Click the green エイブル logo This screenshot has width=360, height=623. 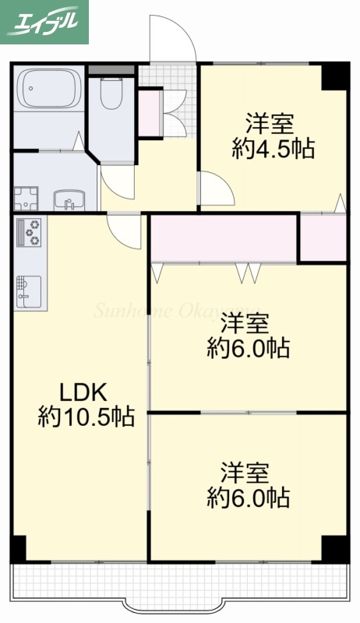point(44,22)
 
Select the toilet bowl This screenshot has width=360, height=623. point(112,97)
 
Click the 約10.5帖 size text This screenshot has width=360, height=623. point(86,417)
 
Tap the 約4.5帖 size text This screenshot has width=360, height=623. point(273,149)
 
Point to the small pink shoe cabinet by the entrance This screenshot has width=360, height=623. point(150,114)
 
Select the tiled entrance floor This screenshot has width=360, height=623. point(168,78)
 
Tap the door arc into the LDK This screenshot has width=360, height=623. point(125,230)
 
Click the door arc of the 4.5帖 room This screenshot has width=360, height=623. point(215,188)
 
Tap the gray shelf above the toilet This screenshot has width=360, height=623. point(111,70)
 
